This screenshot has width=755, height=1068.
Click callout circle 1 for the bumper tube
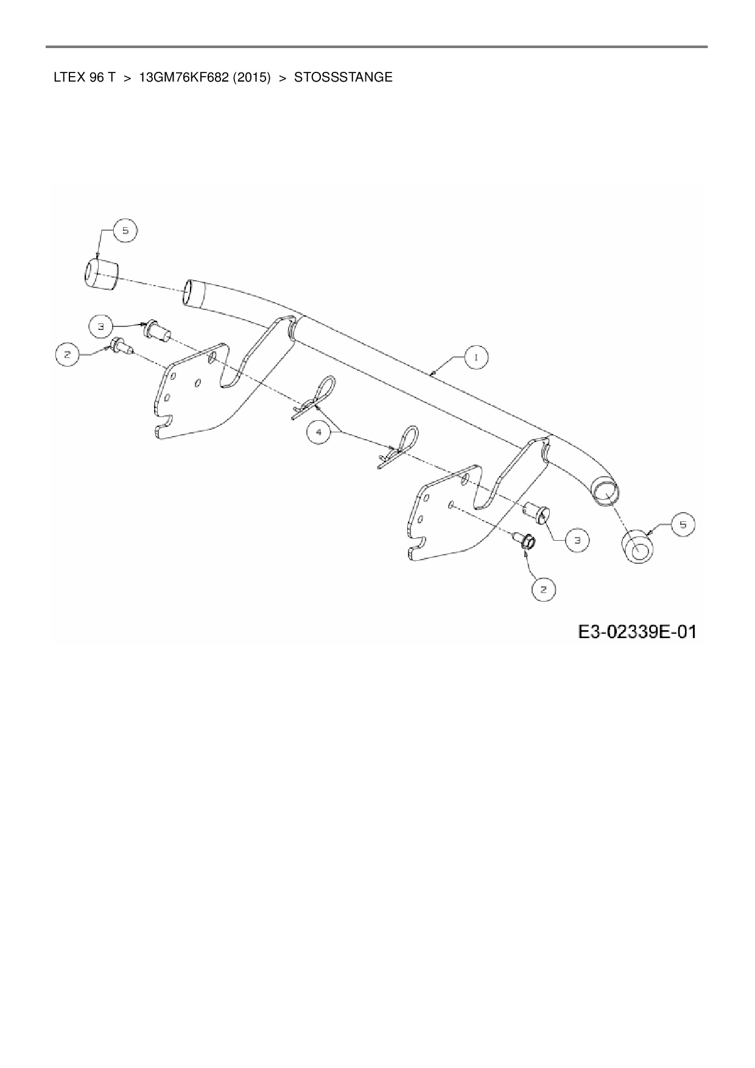pyautogui.click(x=477, y=358)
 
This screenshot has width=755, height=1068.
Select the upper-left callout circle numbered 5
pyautogui.click(x=125, y=231)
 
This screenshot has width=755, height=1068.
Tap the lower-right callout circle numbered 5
pyautogui.click(x=683, y=524)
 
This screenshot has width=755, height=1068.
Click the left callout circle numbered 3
pyautogui.click(x=102, y=327)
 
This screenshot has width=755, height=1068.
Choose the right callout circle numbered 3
pyautogui.click(x=577, y=539)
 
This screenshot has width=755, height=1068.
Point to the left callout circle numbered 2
pyautogui.click(x=68, y=354)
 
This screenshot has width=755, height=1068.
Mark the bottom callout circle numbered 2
pyautogui.click(x=543, y=589)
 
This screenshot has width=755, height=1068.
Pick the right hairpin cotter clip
pyautogui.click(x=400, y=446)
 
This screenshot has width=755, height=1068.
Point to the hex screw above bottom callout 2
pyautogui.click(x=525, y=540)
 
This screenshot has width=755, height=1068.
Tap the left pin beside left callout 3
pyautogui.click(x=155, y=331)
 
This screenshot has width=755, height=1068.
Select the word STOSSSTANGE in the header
pyautogui.click(x=343, y=78)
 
